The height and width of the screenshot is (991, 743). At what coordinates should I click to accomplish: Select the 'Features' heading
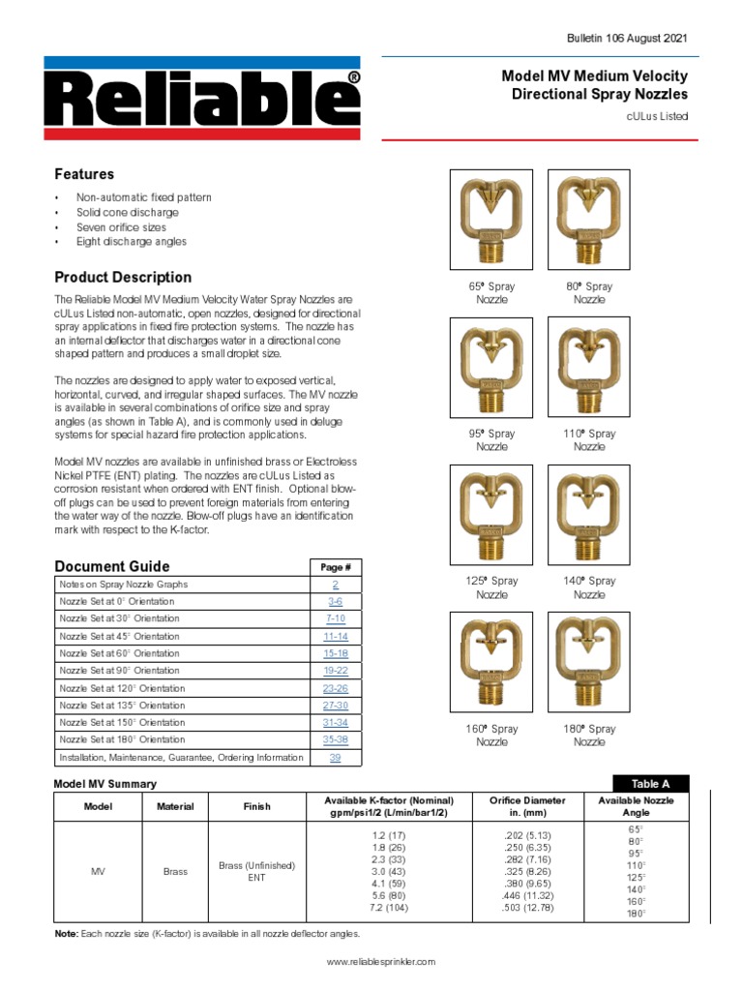pyautogui.click(x=84, y=174)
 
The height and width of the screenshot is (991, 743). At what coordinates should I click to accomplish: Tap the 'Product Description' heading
pyautogui.click(x=123, y=277)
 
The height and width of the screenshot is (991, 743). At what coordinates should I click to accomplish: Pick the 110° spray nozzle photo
pyautogui.click(x=589, y=370)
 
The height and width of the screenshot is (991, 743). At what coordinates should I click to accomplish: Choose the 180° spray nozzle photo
pyautogui.click(x=589, y=665)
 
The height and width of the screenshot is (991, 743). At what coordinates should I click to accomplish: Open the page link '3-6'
pyautogui.click(x=335, y=602)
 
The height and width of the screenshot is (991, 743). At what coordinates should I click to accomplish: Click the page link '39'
pyautogui.click(x=335, y=758)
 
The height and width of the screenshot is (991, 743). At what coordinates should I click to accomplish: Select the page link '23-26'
pyautogui.click(x=335, y=688)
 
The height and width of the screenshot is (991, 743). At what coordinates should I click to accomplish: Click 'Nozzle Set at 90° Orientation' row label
pyautogui.click(x=119, y=671)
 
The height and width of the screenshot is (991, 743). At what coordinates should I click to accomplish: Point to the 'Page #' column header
pyautogui.click(x=335, y=567)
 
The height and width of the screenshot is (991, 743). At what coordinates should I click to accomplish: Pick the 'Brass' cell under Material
pyautogui.click(x=175, y=872)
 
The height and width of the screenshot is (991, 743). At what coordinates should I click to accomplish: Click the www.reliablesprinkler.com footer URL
pyautogui.click(x=381, y=961)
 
